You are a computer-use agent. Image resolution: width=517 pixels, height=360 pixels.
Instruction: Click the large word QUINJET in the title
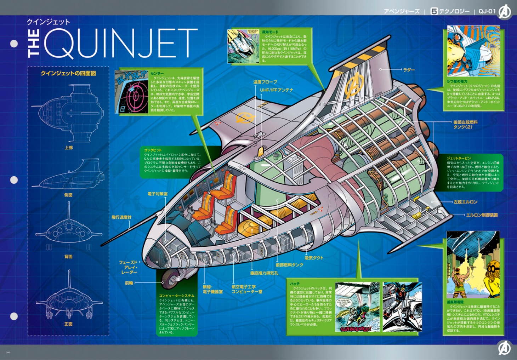click(x=120, y=44)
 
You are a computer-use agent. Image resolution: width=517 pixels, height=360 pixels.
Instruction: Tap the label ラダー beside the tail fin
click(x=409, y=70)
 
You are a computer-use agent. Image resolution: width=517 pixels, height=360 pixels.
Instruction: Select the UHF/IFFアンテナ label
click(x=276, y=90)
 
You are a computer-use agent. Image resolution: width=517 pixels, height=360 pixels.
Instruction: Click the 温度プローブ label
click(x=265, y=82)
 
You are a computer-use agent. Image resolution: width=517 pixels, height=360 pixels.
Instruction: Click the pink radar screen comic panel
click(x=131, y=92)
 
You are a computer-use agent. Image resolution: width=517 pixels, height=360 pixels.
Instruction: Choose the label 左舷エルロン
click(x=465, y=202)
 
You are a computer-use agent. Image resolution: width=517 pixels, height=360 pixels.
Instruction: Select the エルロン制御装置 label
click(x=482, y=215)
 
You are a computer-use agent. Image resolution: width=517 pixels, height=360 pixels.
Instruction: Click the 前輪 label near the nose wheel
click(x=129, y=283)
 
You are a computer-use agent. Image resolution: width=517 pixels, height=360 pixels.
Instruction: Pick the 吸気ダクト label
click(x=314, y=258)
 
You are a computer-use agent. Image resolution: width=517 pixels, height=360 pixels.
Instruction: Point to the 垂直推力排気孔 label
click(x=264, y=273)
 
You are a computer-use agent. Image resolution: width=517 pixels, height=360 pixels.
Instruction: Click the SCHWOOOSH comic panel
click(x=357, y=307)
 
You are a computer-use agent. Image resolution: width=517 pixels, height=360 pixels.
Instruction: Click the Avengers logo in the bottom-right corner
click(x=504, y=348)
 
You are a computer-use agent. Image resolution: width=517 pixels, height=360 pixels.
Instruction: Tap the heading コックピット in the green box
click(x=153, y=150)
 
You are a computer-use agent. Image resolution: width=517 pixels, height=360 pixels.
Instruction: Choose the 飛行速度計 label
click(x=121, y=217)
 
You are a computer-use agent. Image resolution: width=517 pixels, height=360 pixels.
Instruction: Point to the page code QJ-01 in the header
click(x=487, y=11)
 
